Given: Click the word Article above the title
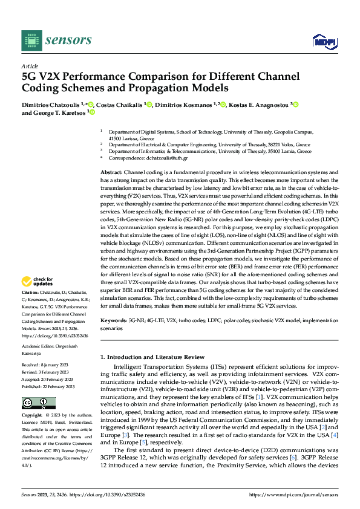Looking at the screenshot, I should [x=30, y=66].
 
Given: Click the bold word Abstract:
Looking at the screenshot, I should [x=112, y=172].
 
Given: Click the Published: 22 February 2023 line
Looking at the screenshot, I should [x=48, y=386].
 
